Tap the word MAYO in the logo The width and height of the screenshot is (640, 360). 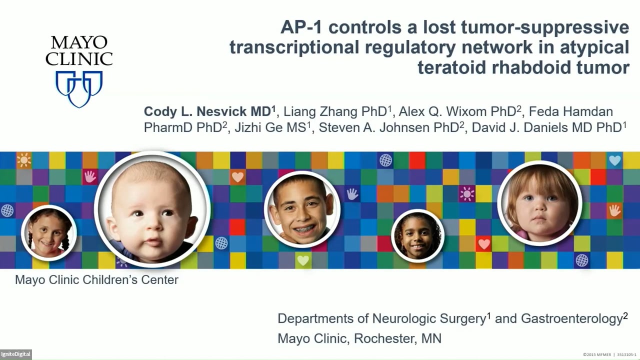(79, 43)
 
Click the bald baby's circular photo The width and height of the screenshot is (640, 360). (152, 207)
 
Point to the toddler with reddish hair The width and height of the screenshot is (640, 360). (539, 202)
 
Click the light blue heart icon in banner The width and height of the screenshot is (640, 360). (614, 160)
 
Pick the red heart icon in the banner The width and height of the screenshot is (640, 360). (483, 244)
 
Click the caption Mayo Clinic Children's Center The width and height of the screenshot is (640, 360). (96, 279)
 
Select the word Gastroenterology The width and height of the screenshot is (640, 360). (571, 318)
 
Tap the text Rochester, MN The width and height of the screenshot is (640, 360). (398, 338)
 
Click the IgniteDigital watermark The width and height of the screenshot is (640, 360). (15, 354)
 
